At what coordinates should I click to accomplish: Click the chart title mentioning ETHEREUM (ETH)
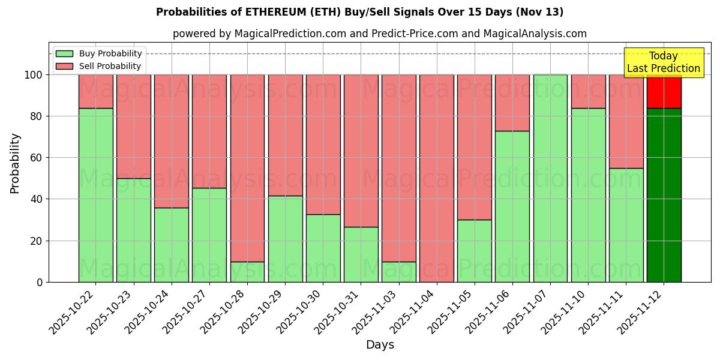(x=359, y=12)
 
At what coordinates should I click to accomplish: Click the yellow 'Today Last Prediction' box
(x=663, y=62)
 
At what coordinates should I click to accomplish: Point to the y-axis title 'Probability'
(x=15, y=163)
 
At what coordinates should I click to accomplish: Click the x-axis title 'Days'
(x=380, y=345)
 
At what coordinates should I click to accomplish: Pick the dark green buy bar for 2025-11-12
(x=664, y=195)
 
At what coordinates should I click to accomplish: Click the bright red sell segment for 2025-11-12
(x=664, y=91)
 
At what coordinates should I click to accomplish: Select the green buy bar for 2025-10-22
(x=95, y=195)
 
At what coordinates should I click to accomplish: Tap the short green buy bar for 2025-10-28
(x=247, y=272)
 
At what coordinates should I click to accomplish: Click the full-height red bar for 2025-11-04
(x=437, y=178)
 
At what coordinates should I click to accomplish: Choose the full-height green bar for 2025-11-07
(x=550, y=178)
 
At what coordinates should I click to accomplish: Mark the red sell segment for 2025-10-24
(x=172, y=141)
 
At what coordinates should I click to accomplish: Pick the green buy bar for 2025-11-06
(x=512, y=206)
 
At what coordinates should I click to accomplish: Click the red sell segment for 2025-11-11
(x=626, y=121)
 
